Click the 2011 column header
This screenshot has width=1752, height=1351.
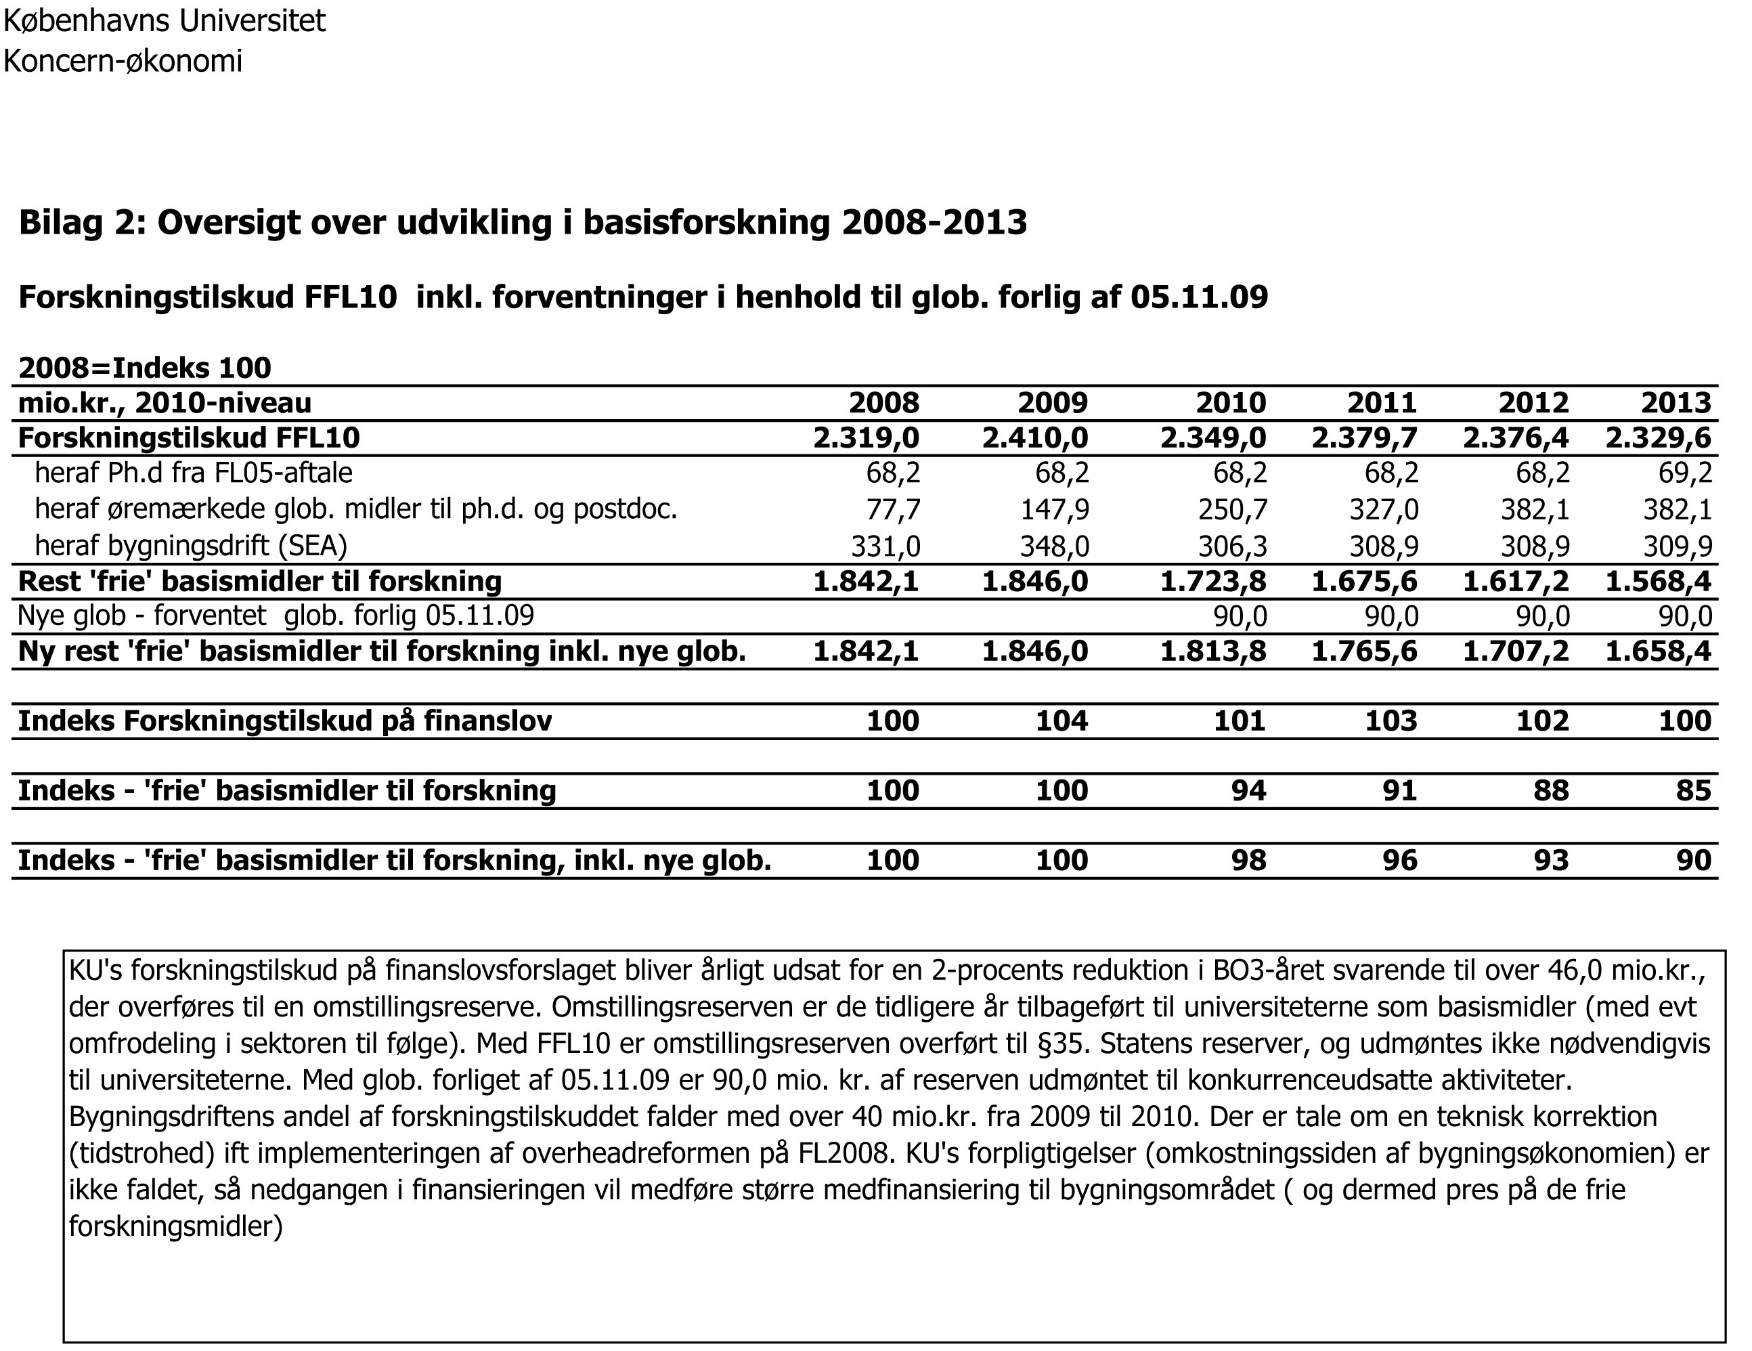[1382, 403]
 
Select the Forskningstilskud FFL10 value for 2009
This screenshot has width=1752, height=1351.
[1035, 438]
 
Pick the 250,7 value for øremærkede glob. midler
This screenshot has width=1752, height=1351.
[1232, 509]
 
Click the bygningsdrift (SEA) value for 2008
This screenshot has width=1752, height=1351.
[885, 546]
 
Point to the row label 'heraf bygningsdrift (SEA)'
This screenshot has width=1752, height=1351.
[191, 546]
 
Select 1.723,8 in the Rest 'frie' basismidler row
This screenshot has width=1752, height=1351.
[1213, 582]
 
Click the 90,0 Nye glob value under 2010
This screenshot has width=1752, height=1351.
[1240, 616]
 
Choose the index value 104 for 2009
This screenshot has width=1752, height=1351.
[1061, 721]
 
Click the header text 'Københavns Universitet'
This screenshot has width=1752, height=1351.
[165, 21]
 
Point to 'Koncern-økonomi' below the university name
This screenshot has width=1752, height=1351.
[123, 61]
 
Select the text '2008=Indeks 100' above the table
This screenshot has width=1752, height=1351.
[144, 368]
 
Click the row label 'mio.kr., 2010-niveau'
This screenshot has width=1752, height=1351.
[165, 403]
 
